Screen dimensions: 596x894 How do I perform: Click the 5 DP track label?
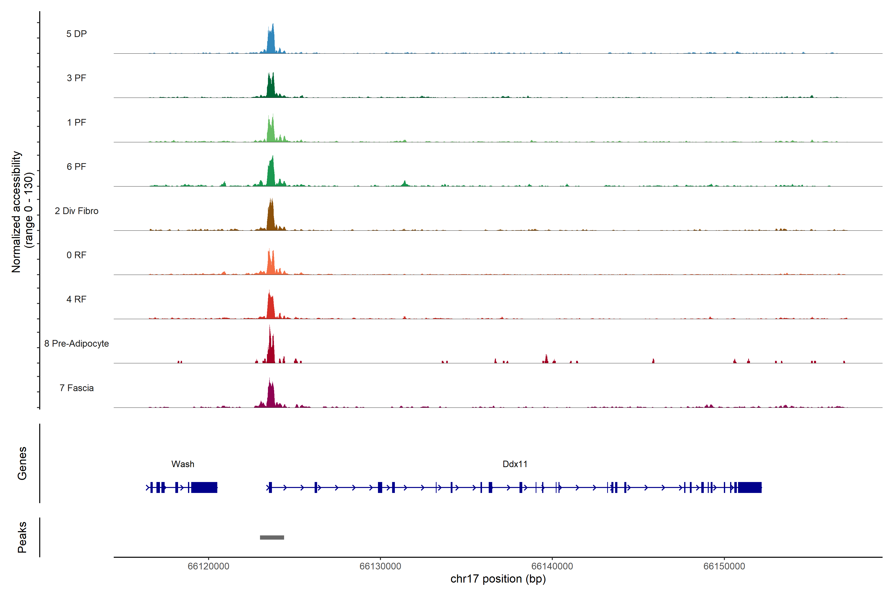tap(76, 34)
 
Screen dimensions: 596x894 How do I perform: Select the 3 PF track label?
tap(76, 78)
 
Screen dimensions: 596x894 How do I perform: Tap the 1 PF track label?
tap(76, 122)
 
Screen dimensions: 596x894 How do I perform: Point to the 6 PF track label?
tap(76, 166)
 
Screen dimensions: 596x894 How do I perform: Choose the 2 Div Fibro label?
tap(76, 211)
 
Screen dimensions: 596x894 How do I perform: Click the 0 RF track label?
tap(76, 255)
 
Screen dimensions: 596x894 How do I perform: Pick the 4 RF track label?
tap(76, 299)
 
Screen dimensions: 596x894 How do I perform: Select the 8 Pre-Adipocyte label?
tap(76, 344)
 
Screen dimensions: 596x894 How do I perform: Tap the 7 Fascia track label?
tap(76, 388)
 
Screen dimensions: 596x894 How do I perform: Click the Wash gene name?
tap(183, 464)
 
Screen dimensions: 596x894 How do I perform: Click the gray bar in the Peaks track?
tap(272, 537)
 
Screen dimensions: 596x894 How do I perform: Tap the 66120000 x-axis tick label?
tap(208, 566)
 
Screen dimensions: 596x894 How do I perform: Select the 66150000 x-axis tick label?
tap(724, 566)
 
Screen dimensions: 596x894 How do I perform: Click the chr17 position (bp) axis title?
tap(498, 579)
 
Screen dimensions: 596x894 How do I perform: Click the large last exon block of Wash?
tap(204, 487)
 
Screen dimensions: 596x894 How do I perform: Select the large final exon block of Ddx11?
tap(749, 487)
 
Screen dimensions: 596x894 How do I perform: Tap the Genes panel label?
tap(22, 463)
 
